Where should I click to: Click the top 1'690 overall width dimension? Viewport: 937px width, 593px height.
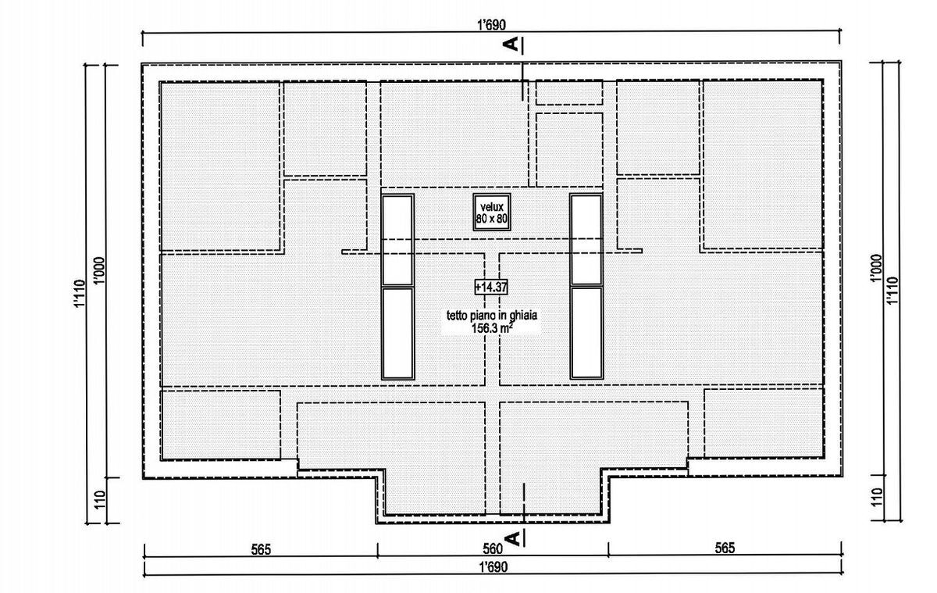491,25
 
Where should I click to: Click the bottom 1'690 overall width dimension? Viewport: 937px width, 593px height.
493,567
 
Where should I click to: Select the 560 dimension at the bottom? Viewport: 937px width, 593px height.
493,548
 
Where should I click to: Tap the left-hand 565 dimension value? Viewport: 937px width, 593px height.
261,549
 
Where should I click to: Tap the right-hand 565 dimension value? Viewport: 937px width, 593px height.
725,548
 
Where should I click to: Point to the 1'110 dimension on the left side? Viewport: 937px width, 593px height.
80,293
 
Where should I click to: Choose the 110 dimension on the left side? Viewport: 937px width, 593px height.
100,499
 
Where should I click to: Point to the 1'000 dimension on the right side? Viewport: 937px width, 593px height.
877,269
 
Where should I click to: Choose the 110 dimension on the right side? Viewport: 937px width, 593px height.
878,497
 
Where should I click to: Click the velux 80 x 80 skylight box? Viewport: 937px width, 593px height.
492,212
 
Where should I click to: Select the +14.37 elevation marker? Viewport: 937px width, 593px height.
491,287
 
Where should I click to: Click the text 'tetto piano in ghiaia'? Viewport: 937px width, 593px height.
492,315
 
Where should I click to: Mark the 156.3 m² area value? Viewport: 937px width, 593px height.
493,328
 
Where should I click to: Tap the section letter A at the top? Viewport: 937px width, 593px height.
512,44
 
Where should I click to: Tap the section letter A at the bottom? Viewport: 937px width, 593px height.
513,538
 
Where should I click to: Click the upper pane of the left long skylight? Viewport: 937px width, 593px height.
397,240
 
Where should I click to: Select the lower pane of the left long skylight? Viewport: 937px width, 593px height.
397,333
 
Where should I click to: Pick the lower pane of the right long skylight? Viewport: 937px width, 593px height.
586,333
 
